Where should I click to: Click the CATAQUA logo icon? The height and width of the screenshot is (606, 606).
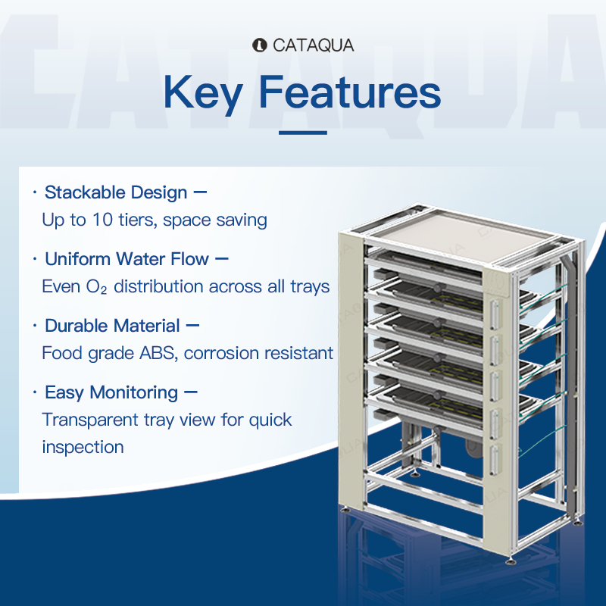(259, 45)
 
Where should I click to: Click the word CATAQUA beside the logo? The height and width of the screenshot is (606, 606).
(313, 45)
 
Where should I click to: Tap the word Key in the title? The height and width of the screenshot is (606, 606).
(203, 92)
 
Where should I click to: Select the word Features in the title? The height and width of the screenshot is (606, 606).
(350, 92)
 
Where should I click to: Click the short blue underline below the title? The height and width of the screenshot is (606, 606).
(303, 133)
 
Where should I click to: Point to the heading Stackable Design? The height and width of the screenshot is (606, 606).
(116, 192)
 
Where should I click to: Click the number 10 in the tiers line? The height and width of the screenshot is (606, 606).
(102, 220)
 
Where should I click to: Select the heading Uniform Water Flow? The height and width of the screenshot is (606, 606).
(127, 259)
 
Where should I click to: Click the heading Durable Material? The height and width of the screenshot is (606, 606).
(112, 326)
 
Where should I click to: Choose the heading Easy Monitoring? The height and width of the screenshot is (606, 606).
(111, 392)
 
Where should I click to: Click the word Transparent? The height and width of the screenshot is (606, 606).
(89, 420)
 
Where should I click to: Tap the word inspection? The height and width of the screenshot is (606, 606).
(83, 447)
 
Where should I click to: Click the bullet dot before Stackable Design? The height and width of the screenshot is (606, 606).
(35, 192)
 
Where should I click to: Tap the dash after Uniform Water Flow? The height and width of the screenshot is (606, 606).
(221, 259)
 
